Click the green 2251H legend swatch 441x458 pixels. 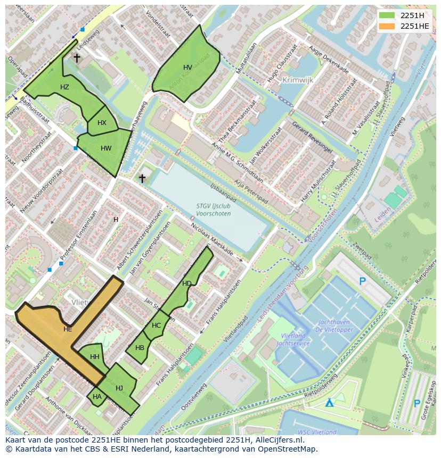tap(387, 15)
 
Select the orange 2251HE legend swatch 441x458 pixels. tap(387, 26)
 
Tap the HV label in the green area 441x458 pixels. tap(187, 68)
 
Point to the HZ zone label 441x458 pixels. tap(64, 87)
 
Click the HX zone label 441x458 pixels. tap(102, 123)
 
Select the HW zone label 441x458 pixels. tap(106, 148)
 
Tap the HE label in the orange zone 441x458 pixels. tap(68, 329)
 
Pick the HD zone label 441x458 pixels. tap(186, 284)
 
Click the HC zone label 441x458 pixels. tap(156, 326)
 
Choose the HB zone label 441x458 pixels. tap(140, 348)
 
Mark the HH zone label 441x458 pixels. tap(95, 357)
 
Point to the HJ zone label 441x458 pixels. tap(119, 388)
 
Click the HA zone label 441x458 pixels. tap(97, 397)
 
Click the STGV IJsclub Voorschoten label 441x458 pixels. tap(206, 210)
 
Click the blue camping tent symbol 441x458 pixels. tap(330, 403)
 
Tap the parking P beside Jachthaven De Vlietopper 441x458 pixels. tap(363, 281)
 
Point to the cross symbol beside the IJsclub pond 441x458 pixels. tap(142, 178)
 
